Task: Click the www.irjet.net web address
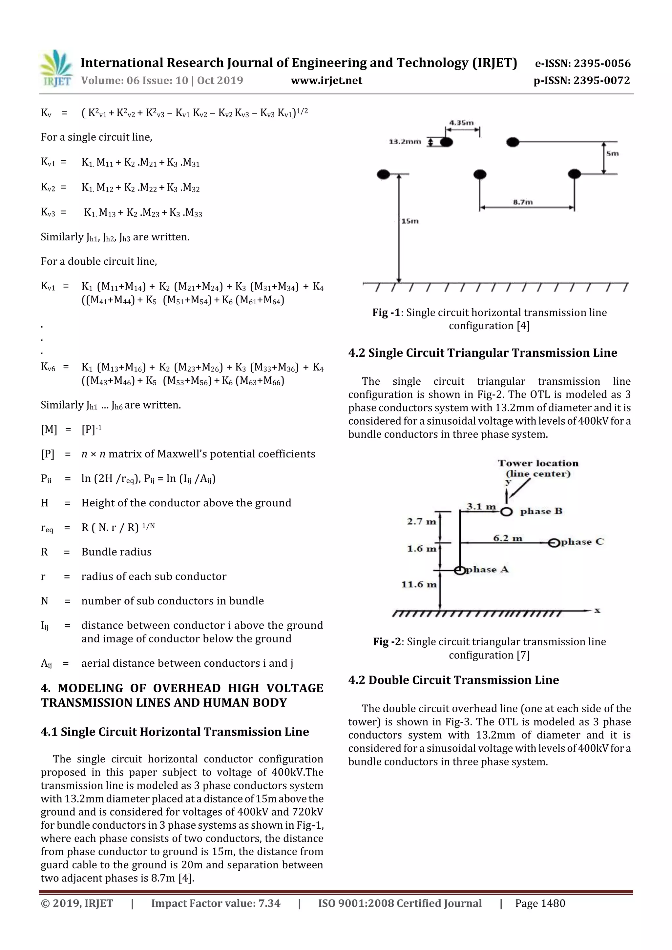tap(326, 81)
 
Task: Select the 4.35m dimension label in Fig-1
tap(461, 123)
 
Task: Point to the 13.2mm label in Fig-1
tap(405, 142)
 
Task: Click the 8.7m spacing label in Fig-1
tap(522, 202)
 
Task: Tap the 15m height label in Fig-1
tap(410, 221)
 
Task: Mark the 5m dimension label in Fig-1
tap(612, 153)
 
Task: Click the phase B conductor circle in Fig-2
tap(506, 512)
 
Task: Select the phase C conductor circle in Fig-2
tap(554, 542)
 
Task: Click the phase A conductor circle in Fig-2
tap(459, 570)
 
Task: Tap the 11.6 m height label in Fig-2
tap(419, 584)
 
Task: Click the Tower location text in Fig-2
tap(538, 463)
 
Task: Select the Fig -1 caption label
tap(386, 313)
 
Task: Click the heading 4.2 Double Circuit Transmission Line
tap(453, 680)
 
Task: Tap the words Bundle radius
tap(116, 552)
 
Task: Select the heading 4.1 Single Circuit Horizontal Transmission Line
tap(175, 732)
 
